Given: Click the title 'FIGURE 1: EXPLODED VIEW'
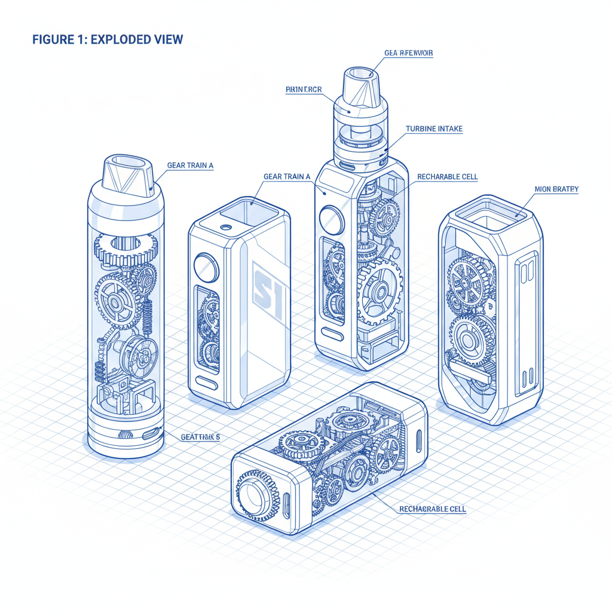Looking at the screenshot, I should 108,40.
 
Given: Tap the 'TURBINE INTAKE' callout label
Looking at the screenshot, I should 434,129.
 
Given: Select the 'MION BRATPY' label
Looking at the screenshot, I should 556,189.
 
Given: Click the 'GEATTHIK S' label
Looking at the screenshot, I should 200,437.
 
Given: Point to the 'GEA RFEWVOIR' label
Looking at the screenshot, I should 409,53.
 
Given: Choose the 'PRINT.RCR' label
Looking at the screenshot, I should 304,90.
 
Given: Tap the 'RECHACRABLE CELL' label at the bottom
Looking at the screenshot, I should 432,509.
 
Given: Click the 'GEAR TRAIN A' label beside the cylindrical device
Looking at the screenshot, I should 190,166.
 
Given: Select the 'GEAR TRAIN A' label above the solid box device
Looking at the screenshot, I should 287,176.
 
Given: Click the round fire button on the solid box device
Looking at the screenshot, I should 207,267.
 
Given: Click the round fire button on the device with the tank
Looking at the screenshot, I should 332,221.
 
